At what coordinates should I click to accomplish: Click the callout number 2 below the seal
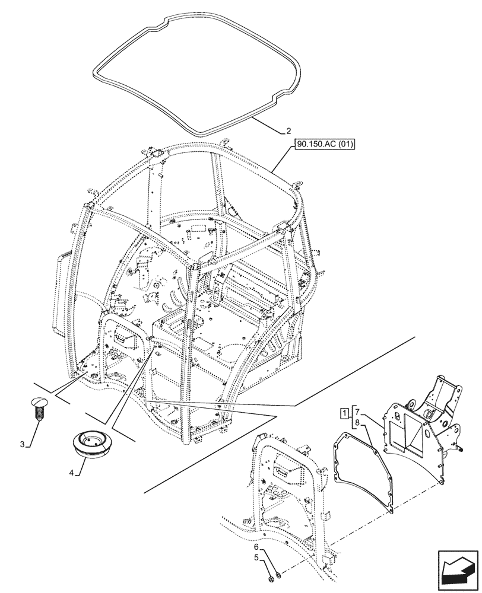pyautogui.click(x=288, y=131)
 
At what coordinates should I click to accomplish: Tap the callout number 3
pyautogui.click(x=22, y=445)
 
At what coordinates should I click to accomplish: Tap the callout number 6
pyautogui.click(x=257, y=547)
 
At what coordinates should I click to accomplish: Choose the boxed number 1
pyautogui.click(x=344, y=412)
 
